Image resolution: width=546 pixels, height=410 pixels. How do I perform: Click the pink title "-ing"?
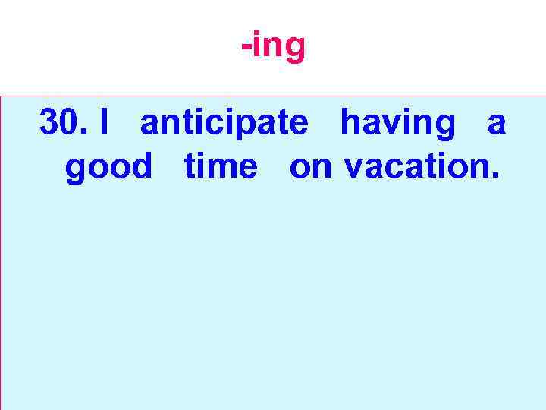tap(273, 47)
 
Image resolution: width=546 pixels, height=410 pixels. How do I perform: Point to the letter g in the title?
tap(293, 51)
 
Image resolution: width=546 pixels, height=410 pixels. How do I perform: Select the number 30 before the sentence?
tap(60, 123)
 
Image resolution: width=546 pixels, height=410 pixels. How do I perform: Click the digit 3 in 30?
tap(50, 123)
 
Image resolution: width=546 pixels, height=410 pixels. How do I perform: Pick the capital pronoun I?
tap(104, 123)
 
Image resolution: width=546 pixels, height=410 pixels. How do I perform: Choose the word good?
tap(108, 166)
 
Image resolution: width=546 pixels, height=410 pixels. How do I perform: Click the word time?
tap(221, 166)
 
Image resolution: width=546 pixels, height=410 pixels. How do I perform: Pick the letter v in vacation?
tap(353, 169)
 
